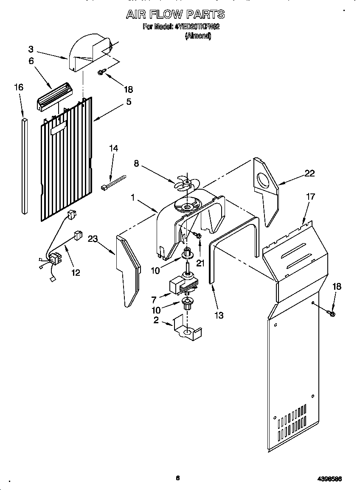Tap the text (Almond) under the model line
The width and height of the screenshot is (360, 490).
[x=198, y=36]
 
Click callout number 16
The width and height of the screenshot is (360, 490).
[x=18, y=87]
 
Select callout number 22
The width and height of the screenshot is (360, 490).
[x=309, y=173]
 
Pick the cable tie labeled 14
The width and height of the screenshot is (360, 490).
[x=114, y=181]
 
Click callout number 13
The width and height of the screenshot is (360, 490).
[x=219, y=315]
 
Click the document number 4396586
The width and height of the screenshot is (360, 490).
[x=329, y=479]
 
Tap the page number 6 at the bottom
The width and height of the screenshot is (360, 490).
[x=178, y=478]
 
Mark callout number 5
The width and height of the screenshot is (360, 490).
[x=128, y=102]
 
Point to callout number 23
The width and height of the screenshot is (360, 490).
[x=93, y=239]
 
